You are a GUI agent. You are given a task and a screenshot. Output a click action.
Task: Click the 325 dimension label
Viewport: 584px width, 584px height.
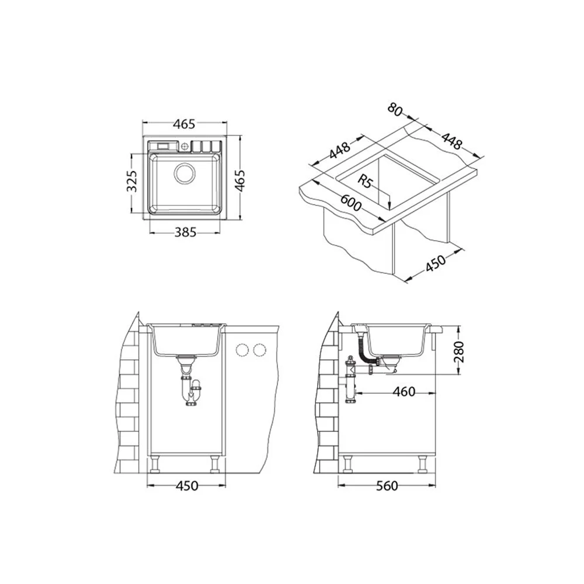point(132,181)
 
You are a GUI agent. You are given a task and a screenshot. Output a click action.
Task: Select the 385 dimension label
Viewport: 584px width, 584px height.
point(185,232)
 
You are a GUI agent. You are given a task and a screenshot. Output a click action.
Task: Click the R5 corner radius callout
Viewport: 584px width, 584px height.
point(365,182)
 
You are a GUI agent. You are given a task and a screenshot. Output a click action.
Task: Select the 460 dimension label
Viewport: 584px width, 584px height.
point(404,391)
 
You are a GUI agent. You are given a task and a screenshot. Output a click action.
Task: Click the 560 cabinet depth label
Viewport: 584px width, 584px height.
point(387,486)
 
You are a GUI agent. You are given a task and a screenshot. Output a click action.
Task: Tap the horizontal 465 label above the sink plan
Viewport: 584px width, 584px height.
point(185,124)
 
